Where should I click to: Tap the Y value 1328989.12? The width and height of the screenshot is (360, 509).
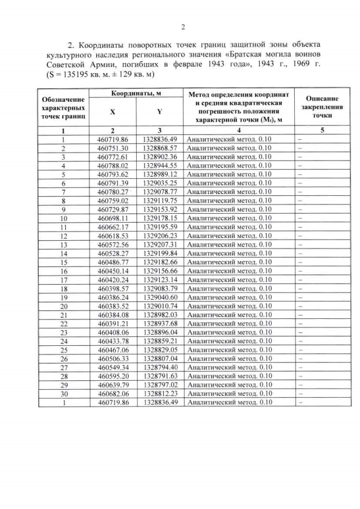[x=160, y=174]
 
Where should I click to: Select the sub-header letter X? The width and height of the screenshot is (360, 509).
[x=112, y=112]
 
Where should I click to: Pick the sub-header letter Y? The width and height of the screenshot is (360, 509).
[x=160, y=112]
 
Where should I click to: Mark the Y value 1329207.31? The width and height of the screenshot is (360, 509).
[x=160, y=245]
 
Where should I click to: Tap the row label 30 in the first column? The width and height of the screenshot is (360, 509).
[x=64, y=394]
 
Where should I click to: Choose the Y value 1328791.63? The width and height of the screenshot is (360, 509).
[x=160, y=376]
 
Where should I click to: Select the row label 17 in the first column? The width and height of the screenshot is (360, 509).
[x=64, y=280]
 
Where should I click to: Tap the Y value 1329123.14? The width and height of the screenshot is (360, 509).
[x=160, y=280]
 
